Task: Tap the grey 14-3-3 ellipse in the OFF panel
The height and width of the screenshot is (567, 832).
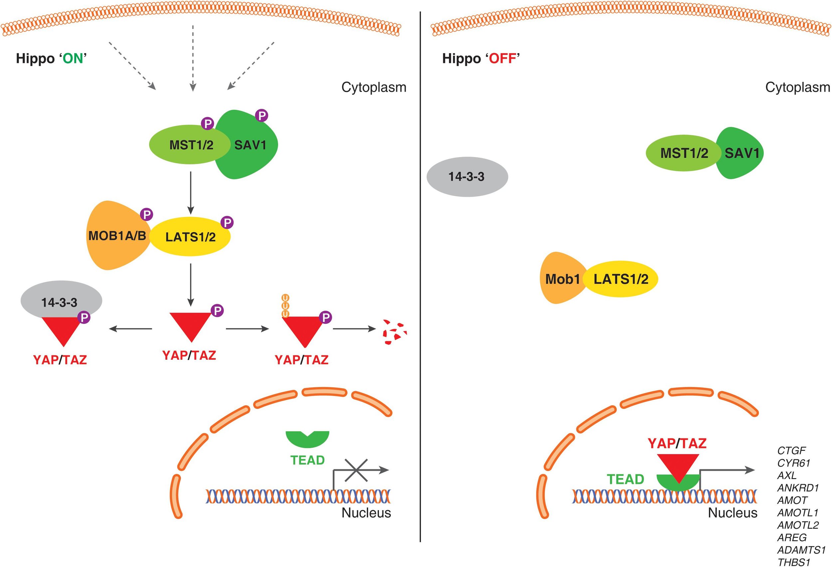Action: [467, 176]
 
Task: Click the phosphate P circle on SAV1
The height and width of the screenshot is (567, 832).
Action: [262, 115]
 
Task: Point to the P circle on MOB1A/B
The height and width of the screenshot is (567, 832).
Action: [146, 214]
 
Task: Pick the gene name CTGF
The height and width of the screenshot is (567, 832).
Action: [791, 450]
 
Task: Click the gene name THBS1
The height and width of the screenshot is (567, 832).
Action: [793, 562]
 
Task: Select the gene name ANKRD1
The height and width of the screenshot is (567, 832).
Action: [798, 487]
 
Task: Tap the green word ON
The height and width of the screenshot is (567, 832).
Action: [73, 58]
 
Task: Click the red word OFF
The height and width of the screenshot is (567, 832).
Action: [503, 58]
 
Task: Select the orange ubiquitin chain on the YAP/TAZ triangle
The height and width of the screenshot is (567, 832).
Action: [285, 306]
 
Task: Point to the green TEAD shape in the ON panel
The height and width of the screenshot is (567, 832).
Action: [307, 439]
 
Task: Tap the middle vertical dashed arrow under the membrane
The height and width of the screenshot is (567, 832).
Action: [193, 57]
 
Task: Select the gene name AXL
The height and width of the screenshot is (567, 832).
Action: [787, 475]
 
